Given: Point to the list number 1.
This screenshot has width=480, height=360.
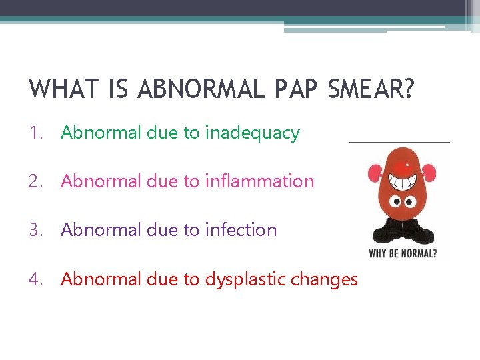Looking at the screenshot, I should pos(35,133).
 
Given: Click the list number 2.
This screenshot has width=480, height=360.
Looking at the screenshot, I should pos(35,181).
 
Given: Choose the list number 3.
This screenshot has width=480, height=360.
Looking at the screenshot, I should pos(35,230).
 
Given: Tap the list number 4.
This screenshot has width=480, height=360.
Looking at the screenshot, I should pos(35,279).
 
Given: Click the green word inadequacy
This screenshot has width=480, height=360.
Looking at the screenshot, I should pos(253,133).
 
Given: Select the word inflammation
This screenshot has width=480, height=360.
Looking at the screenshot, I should pos(259,181).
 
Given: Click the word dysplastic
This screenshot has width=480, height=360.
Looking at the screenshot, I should pos(244,279).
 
